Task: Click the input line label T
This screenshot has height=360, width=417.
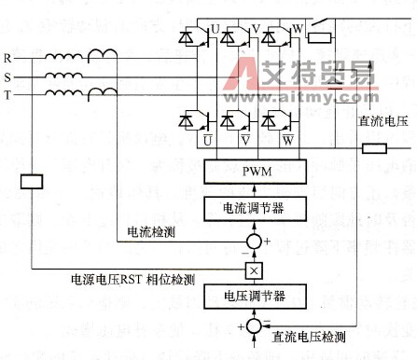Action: click(x=7, y=94)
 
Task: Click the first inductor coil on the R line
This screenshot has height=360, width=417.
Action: click(x=63, y=59)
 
